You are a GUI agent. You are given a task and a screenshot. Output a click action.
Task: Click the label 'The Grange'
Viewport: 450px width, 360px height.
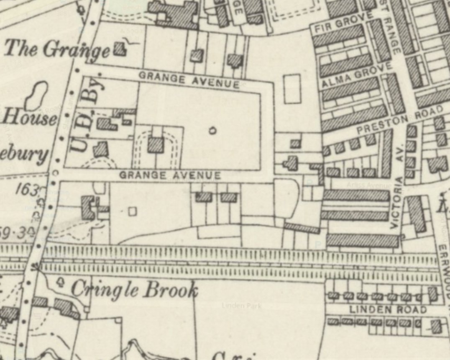pyautogui.click(x=56, y=49)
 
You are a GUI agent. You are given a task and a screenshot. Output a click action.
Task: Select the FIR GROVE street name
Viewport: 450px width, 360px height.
pyautogui.click(x=343, y=23)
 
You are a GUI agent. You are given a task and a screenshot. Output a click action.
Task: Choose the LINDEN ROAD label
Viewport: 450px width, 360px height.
pyautogui.click(x=388, y=310)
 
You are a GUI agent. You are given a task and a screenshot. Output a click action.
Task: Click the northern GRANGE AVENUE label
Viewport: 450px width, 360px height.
pyautogui.click(x=189, y=80)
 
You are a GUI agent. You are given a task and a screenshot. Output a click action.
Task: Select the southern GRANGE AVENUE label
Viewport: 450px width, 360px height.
pyautogui.click(x=170, y=175)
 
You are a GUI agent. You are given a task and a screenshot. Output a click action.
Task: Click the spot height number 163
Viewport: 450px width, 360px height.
pyautogui.click(x=28, y=190)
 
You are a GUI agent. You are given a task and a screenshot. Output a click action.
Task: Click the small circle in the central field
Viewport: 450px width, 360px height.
pyautogui.click(x=212, y=131)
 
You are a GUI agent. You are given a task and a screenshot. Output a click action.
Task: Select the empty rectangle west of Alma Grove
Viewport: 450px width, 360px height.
pyautogui.click(x=292, y=89)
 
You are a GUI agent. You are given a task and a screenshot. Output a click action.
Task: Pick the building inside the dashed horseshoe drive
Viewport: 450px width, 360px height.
pyautogui.click(x=156, y=145)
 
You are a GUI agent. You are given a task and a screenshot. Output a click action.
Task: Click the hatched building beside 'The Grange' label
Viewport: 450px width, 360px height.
pyautogui.click(x=120, y=49)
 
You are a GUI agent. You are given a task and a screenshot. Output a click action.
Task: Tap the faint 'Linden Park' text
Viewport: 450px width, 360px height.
pyautogui.click(x=242, y=306)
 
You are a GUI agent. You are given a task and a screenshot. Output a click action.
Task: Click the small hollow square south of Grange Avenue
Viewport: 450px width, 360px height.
pyautogui.click(x=132, y=211)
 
